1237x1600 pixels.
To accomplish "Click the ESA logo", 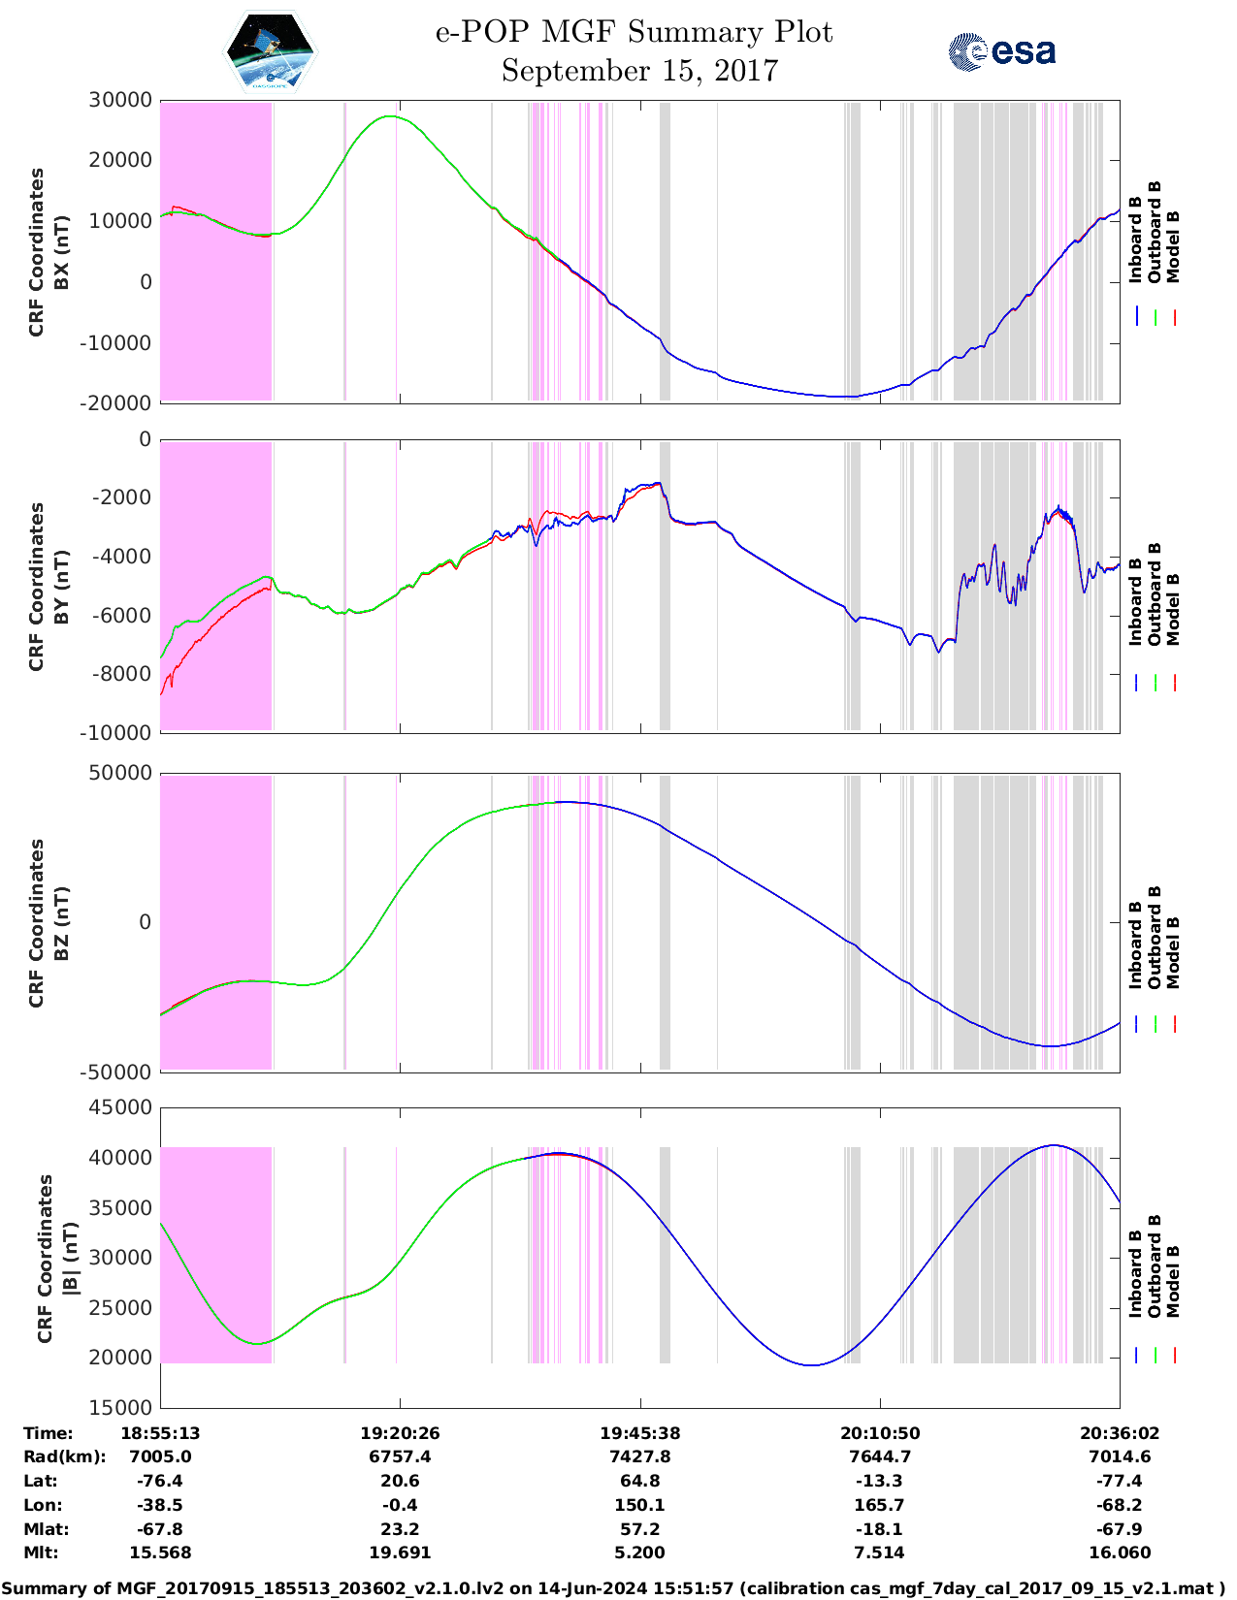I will click(1001, 51).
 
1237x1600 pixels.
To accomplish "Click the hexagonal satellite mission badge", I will click(271, 51).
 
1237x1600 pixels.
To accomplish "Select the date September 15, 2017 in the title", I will click(639, 71).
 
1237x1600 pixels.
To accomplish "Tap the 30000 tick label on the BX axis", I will click(120, 100).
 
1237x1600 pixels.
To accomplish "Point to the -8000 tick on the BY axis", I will click(125, 674).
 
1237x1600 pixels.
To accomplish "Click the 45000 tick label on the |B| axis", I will click(120, 1107).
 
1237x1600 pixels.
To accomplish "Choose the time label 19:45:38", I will click(639, 1433).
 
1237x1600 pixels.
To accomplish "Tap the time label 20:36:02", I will click(1120, 1433).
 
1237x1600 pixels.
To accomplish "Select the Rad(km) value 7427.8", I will click(639, 1456).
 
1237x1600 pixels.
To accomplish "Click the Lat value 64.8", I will click(639, 1481).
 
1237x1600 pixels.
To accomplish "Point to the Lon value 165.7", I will click(879, 1505).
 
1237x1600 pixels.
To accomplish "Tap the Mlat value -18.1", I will click(879, 1529).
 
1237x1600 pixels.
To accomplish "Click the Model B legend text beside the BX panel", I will click(1173, 246).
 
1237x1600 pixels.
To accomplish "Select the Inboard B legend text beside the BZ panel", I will click(1136, 945).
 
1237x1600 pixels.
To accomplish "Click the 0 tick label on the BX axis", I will click(146, 282).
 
